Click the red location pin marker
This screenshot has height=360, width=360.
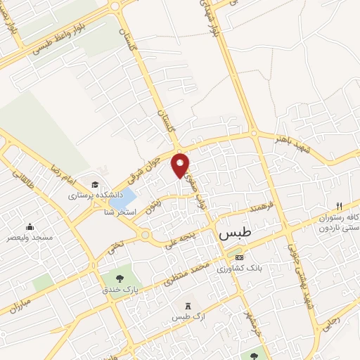pyautogui.click(x=181, y=165)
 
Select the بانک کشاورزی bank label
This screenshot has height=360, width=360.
pyautogui.click(x=233, y=268)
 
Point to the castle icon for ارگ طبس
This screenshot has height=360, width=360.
pyautogui.click(x=186, y=306)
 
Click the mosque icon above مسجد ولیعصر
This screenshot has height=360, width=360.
pyautogui.click(x=30, y=226)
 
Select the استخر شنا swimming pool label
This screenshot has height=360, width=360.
pyautogui.click(x=119, y=212)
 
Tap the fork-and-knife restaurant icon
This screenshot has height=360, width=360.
pyautogui.click(x=338, y=206)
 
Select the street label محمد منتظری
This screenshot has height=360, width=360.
pyautogui.click(x=184, y=275)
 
